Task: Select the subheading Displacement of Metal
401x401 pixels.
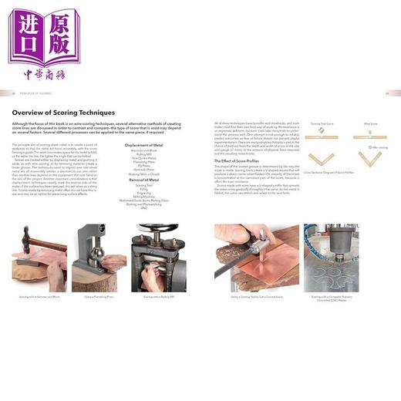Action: coord(143,143)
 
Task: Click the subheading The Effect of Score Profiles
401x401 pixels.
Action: coord(240,160)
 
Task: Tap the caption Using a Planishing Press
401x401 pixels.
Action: coord(96,297)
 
